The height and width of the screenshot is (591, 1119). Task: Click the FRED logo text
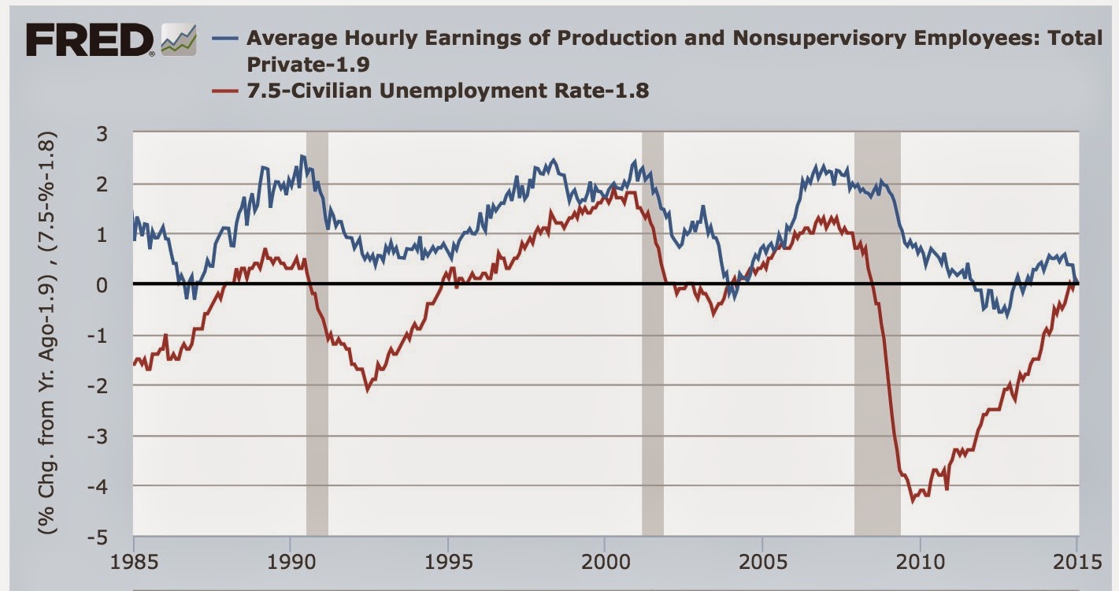[x=89, y=39]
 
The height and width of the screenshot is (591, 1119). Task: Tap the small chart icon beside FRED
[x=178, y=40]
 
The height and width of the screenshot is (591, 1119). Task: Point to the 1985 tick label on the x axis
[x=134, y=565]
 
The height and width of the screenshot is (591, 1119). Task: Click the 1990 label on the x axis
[x=291, y=565]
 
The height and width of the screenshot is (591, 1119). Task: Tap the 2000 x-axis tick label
[x=605, y=565]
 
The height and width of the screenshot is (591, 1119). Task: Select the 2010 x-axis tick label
[x=920, y=565]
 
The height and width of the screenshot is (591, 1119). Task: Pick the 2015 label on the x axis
[x=1076, y=565]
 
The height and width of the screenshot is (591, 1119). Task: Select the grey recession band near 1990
[x=317, y=335]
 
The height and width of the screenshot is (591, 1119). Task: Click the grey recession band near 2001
[x=653, y=335]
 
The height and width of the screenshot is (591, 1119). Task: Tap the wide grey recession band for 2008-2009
[x=877, y=335]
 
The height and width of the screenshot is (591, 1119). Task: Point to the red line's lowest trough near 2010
[x=913, y=500]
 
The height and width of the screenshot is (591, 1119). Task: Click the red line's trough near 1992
[x=367, y=390]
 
